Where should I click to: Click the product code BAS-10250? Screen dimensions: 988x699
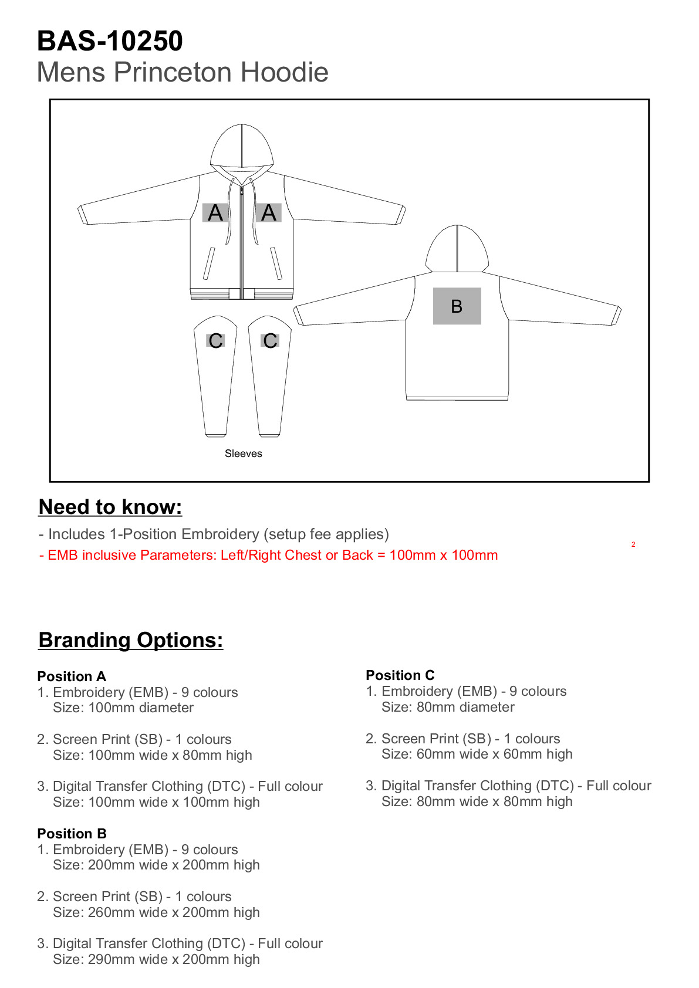110,41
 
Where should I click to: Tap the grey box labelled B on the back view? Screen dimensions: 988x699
457,306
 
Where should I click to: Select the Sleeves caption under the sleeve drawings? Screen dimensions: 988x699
243,454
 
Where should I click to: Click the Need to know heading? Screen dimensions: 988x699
110,507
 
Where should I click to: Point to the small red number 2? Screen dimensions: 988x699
633,544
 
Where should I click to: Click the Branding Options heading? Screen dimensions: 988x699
130,640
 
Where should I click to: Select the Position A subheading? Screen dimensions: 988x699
72,676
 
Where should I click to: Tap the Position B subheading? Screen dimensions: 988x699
72,834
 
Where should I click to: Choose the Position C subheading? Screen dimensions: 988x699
400,675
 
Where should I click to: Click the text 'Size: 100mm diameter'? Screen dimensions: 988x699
123,708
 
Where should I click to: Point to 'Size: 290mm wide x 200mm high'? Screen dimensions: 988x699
156,959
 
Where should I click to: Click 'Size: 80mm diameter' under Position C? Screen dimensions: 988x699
448,707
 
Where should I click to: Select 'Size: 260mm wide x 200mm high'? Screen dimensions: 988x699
156,912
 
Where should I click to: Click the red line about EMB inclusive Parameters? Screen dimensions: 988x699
268,555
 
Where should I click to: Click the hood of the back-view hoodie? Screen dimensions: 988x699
457,249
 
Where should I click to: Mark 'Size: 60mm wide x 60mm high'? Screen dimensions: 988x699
477,754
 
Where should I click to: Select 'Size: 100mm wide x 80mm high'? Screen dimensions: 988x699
153,755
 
